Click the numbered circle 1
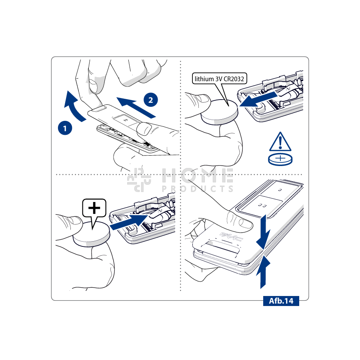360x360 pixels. pyautogui.click(x=65, y=128)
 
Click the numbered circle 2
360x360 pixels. pyautogui.click(x=151, y=100)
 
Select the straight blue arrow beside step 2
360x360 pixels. pyautogui.click(x=136, y=107)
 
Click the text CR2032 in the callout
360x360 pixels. pyautogui.click(x=234, y=79)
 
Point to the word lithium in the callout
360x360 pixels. pyautogui.click(x=204, y=79)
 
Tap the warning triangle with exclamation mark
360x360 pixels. pyautogui.click(x=280, y=142)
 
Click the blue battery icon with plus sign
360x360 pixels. pyautogui.click(x=280, y=159)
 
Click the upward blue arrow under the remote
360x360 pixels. pyautogui.click(x=263, y=272)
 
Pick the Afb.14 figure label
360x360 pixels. pyautogui.click(x=281, y=301)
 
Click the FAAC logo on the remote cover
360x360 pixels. pyautogui.click(x=231, y=236)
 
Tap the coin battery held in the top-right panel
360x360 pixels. pyautogui.click(x=219, y=112)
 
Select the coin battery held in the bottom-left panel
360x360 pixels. pyautogui.click(x=91, y=234)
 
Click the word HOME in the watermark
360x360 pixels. pyautogui.click(x=198, y=176)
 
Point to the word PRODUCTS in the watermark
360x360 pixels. pyautogui.click(x=198, y=189)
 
